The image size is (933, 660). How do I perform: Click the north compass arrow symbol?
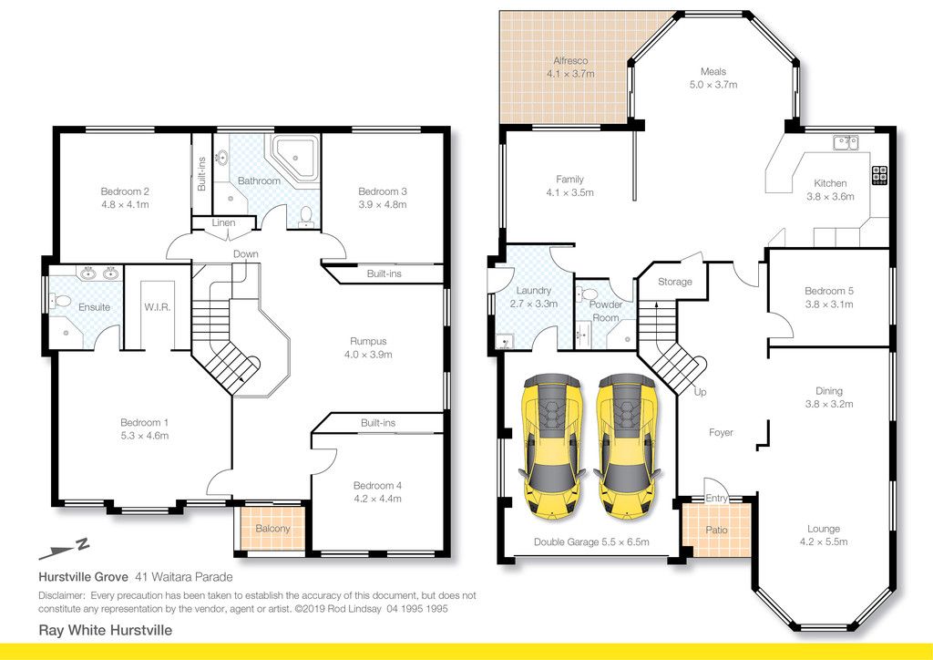click(64, 549)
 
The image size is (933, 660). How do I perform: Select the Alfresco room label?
click(570, 61)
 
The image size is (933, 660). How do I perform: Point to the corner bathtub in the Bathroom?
click(294, 156)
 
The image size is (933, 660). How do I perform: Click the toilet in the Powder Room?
click(590, 294)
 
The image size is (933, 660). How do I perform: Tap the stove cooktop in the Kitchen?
click(880, 176)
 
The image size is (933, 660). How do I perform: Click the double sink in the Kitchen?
click(846, 143)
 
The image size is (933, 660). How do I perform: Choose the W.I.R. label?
click(157, 307)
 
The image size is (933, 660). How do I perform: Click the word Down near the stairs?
click(246, 254)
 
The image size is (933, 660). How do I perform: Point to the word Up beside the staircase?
click(701, 392)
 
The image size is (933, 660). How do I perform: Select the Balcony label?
click(272, 529)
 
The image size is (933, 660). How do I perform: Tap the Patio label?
click(716, 530)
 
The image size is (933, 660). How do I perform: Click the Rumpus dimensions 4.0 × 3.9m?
click(368, 355)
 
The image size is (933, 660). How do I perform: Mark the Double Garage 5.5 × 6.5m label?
click(591, 542)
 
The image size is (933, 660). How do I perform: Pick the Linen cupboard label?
click(224, 222)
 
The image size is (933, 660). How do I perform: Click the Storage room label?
click(675, 282)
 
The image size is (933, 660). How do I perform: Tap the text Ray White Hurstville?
click(106, 630)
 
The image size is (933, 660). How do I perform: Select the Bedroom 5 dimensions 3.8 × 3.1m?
click(829, 304)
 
